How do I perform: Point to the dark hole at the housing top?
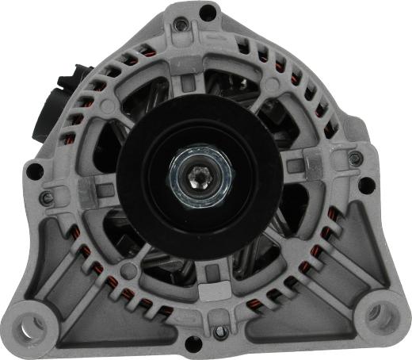click(x=207, y=11)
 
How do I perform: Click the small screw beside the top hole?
click(x=183, y=25)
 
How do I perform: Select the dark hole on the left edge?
click(x=34, y=170)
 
